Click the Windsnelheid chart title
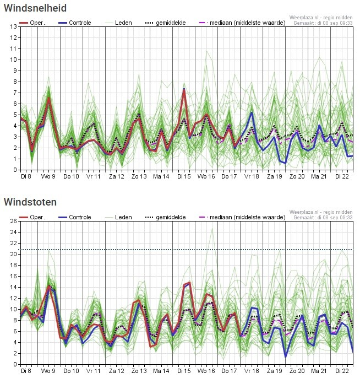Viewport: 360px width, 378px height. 35,8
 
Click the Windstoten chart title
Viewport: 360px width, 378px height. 30,202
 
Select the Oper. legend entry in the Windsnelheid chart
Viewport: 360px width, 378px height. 32,23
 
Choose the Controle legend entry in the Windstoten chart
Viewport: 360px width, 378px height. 75,217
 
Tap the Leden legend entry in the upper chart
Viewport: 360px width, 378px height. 118,23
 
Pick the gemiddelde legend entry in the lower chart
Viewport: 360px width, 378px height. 166,217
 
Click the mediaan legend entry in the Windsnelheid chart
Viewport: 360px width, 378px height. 242,23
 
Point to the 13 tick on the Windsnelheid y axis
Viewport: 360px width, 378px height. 13,26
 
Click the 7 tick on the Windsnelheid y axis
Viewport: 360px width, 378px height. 15,93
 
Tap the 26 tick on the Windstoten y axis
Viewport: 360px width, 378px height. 13,221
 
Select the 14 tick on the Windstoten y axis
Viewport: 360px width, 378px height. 13,288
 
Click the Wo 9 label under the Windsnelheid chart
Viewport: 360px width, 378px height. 48,176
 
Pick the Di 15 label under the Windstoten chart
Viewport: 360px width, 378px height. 184,371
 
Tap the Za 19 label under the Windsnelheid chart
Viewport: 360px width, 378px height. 274,176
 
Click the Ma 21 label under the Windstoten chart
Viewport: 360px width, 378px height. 319,371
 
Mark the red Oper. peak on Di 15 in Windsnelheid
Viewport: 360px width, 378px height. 184,90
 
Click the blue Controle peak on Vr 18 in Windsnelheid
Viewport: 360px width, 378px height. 252,112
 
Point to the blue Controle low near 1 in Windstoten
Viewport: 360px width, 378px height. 286,357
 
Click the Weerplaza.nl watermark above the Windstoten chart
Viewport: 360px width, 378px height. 321,212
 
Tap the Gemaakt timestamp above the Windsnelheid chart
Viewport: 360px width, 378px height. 323,23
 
